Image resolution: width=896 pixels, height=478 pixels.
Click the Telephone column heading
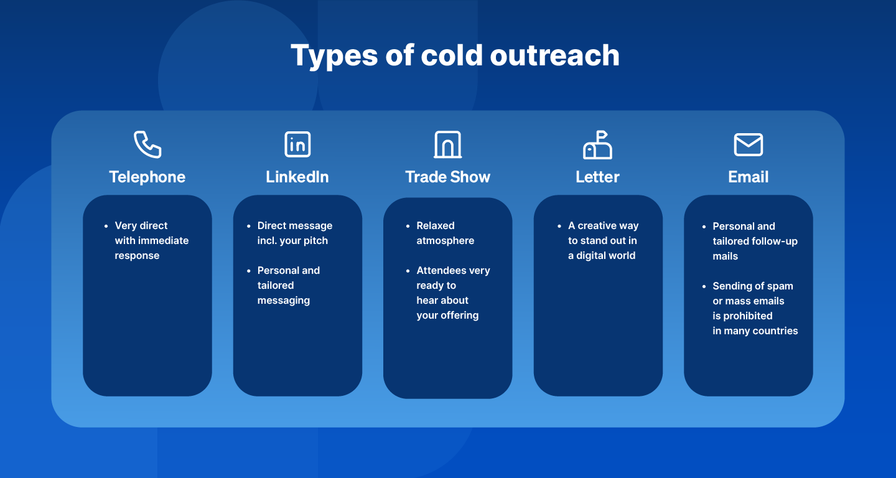(x=147, y=177)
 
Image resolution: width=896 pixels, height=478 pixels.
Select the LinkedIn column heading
(x=297, y=177)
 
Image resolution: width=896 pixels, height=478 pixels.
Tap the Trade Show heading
(x=447, y=177)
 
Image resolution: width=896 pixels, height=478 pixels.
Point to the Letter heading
(x=597, y=177)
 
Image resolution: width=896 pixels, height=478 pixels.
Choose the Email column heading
(x=749, y=177)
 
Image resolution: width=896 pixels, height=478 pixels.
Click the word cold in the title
(x=452, y=55)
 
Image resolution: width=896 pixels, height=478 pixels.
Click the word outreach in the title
(x=555, y=55)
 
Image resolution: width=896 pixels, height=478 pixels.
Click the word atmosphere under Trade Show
(x=446, y=240)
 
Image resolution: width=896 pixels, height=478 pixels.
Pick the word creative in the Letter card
(x=597, y=225)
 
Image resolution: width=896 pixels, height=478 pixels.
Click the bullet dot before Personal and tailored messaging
(x=249, y=271)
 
